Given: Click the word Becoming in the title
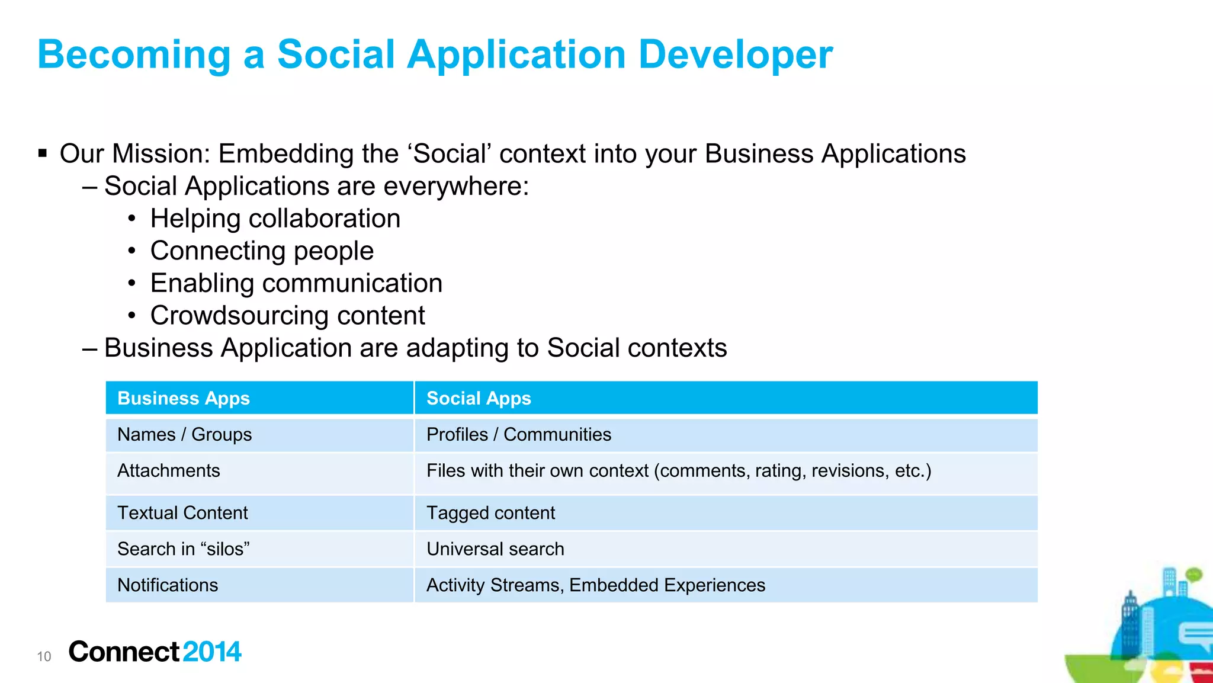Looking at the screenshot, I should [134, 54].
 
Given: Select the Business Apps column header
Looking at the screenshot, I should [184, 398].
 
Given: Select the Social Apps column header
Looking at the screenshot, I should [479, 398].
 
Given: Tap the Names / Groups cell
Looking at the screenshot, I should [184, 434].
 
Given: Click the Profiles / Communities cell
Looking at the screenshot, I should [518, 434].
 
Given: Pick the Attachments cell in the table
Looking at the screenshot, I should [169, 470].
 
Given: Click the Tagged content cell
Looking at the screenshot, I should [490, 512].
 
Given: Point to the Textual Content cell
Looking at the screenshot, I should [182, 512].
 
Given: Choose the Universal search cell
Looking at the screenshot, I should [495, 549].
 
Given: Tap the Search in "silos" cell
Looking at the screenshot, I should [183, 549].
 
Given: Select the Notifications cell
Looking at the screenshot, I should [168, 585].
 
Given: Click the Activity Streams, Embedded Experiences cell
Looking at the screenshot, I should [595, 585].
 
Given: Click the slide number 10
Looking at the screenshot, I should [44, 656].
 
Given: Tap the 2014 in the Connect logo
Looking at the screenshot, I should [211, 652].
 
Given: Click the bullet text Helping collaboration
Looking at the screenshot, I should [275, 219].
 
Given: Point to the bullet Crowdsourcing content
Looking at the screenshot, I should [287, 315].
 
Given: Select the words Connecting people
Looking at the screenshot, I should [262, 251].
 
